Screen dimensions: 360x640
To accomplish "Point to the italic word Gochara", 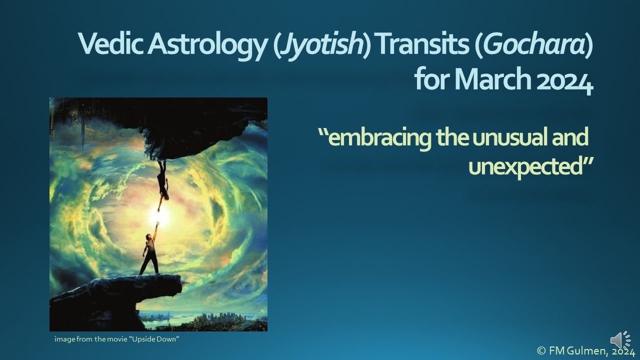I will point(534,45).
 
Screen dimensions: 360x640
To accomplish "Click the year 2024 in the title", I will point(565,80).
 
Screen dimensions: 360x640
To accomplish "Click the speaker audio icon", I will point(620,340).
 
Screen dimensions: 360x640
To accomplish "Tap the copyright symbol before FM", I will point(541,351).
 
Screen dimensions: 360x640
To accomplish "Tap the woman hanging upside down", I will point(163,182).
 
